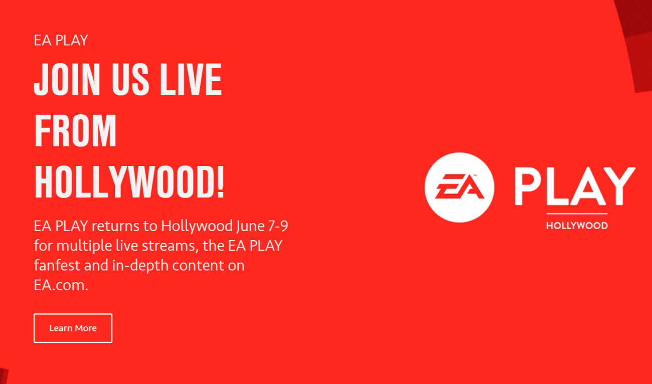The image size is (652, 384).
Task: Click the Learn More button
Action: pos(73,328)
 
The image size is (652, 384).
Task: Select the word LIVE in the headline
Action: pos(191,79)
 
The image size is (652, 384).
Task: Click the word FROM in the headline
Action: pos(75,130)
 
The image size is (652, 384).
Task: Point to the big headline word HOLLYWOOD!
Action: pos(129,181)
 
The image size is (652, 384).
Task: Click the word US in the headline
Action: pos(130,79)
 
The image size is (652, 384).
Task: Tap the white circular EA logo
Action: pos(459,187)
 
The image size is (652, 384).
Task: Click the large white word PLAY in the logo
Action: pos(575,186)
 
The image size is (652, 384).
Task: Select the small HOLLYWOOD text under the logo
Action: pos(577,226)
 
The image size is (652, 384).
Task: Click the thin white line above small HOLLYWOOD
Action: pos(577,214)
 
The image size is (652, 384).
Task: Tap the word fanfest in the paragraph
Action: pos(57,265)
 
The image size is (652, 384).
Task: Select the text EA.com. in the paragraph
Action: pos(61,285)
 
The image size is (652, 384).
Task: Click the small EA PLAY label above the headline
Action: pos(61,40)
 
